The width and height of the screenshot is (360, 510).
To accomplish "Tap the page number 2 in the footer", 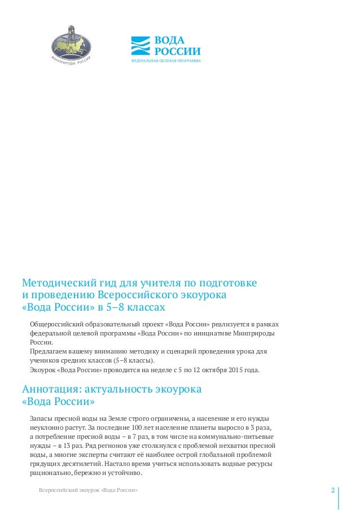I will click(333, 489).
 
